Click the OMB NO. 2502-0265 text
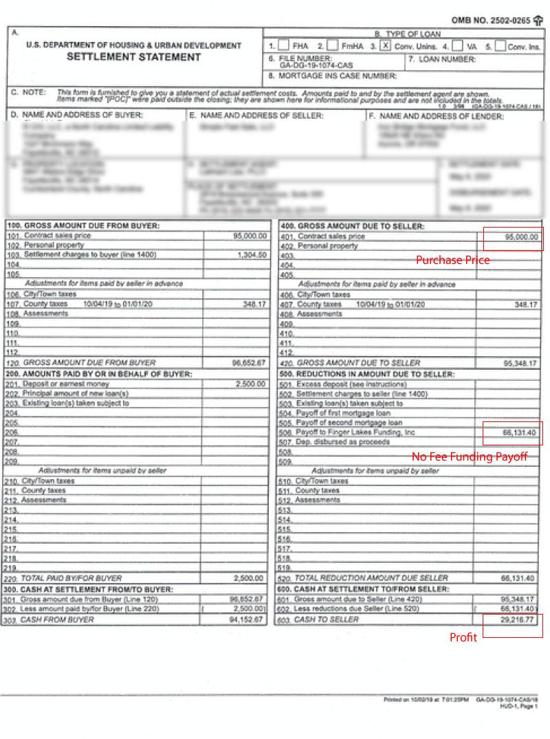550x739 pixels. point(491,21)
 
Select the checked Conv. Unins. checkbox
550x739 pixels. point(386,46)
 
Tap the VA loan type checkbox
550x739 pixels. point(457,46)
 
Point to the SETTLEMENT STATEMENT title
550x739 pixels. point(134,57)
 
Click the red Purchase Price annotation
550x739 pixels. point(452,260)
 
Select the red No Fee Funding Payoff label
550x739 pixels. point(470,456)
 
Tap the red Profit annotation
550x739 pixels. point(463,637)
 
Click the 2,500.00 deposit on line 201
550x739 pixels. point(250,384)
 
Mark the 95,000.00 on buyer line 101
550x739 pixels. point(250,236)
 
